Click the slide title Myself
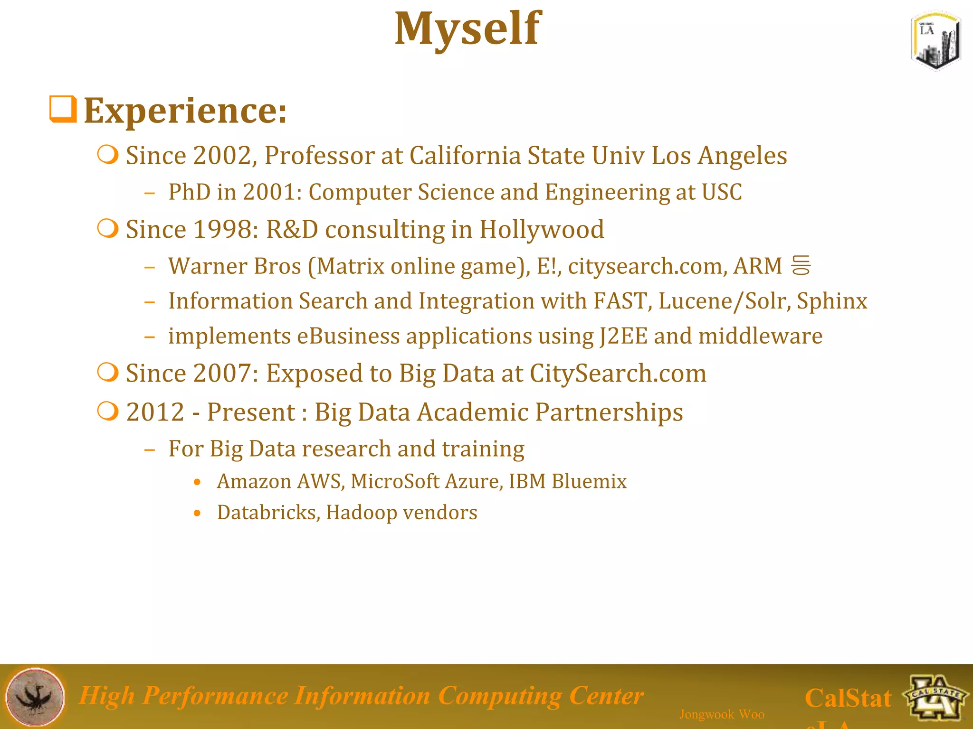[x=467, y=29]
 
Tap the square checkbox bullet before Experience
[x=63, y=109]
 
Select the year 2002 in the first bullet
[x=222, y=156]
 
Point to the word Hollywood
[x=542, y=229]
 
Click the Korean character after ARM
[x=801, y=265]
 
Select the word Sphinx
[x=832, y=301]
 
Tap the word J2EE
[x=623, y=336]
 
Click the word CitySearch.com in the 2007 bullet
[x=618, y=373]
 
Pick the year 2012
[x=155, y=412]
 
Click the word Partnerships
[x=609, y=412]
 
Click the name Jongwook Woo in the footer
[x=722, y=714]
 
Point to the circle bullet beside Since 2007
[x=108, y=373]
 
